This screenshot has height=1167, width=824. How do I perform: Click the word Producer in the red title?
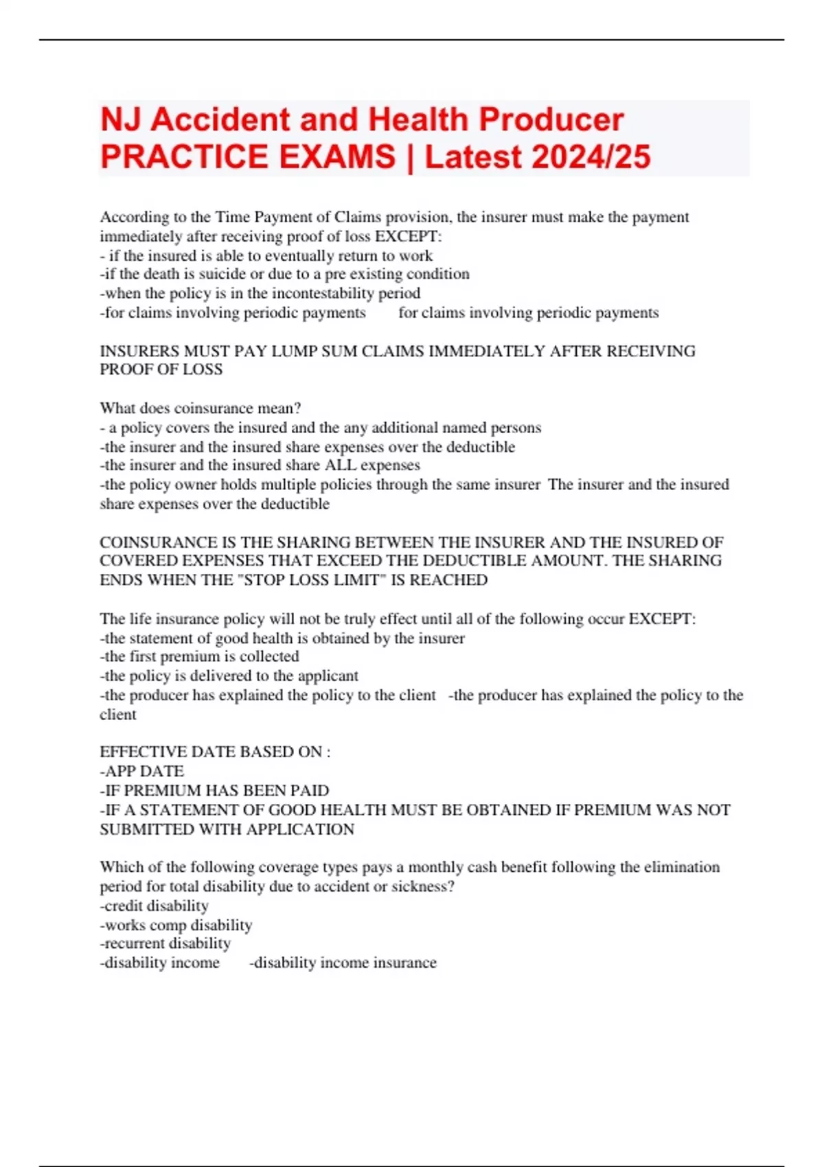coord(551,119)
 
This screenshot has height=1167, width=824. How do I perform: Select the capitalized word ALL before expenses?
coord(340,465)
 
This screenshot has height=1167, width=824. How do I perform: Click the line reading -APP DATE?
coord(142,771)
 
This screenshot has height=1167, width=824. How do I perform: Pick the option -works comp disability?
coord(176,925)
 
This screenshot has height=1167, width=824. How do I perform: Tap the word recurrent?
coord(135,943)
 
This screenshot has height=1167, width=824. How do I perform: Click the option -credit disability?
coord(154,905)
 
